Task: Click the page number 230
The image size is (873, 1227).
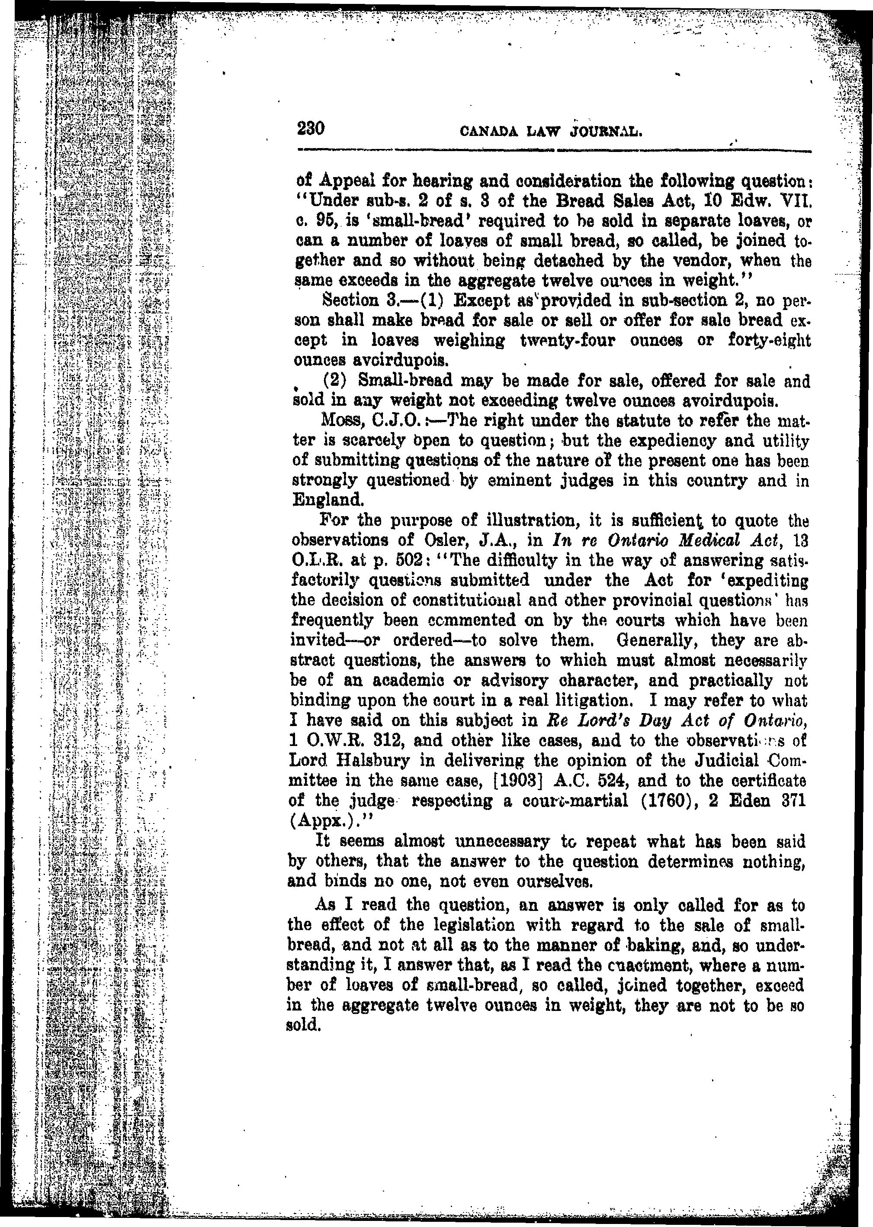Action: coord(311,129)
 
